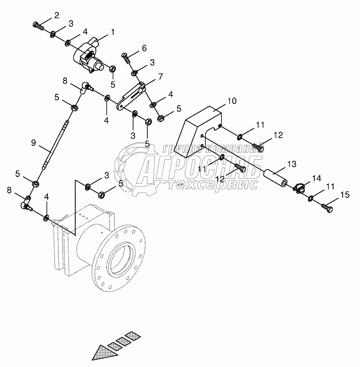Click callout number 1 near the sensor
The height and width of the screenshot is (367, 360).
pos(112,33)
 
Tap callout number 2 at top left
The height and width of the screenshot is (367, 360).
pos(56,16)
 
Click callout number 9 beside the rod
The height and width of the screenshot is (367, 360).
pos(33,143)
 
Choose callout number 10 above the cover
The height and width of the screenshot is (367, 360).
pos(232,100)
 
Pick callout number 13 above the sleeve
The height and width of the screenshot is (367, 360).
pos(292,163)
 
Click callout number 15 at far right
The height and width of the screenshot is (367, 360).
pos(344,195)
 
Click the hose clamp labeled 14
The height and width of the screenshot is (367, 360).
pos(299,187)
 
